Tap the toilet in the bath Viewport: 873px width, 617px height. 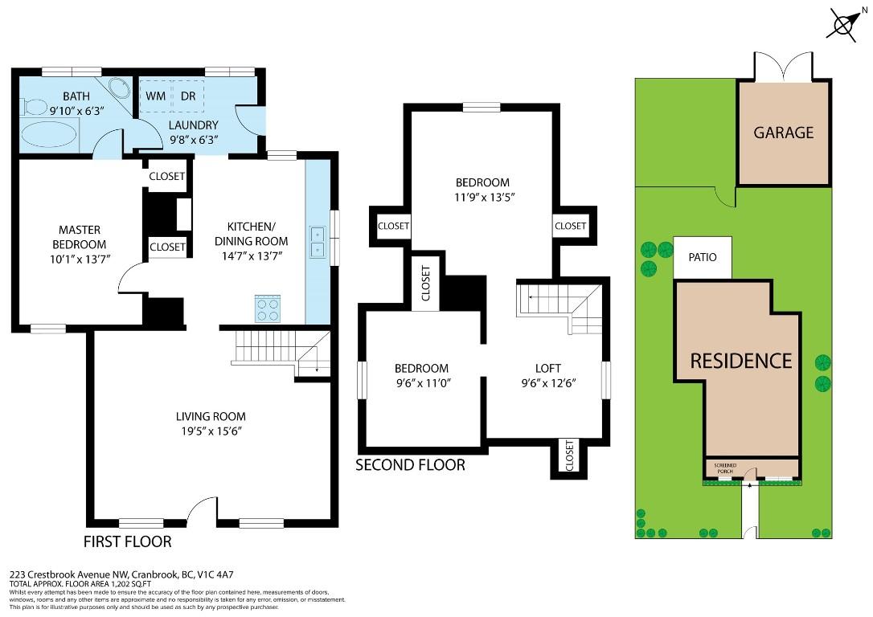33,106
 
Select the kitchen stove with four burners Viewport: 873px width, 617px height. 267,308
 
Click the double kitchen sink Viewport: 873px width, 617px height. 318,242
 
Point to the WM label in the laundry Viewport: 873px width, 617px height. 155,96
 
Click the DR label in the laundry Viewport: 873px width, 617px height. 188,96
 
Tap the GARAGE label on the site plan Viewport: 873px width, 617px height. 783,133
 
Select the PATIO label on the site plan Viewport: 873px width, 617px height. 703,258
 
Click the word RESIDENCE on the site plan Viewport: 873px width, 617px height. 740,361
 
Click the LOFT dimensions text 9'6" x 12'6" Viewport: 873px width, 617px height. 549,383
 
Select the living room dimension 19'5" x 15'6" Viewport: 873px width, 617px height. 211,431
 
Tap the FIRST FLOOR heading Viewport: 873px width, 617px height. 128,541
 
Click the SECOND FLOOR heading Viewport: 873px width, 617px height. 410,464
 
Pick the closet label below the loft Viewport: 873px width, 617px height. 570,456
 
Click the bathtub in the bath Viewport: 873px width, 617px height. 47,134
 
